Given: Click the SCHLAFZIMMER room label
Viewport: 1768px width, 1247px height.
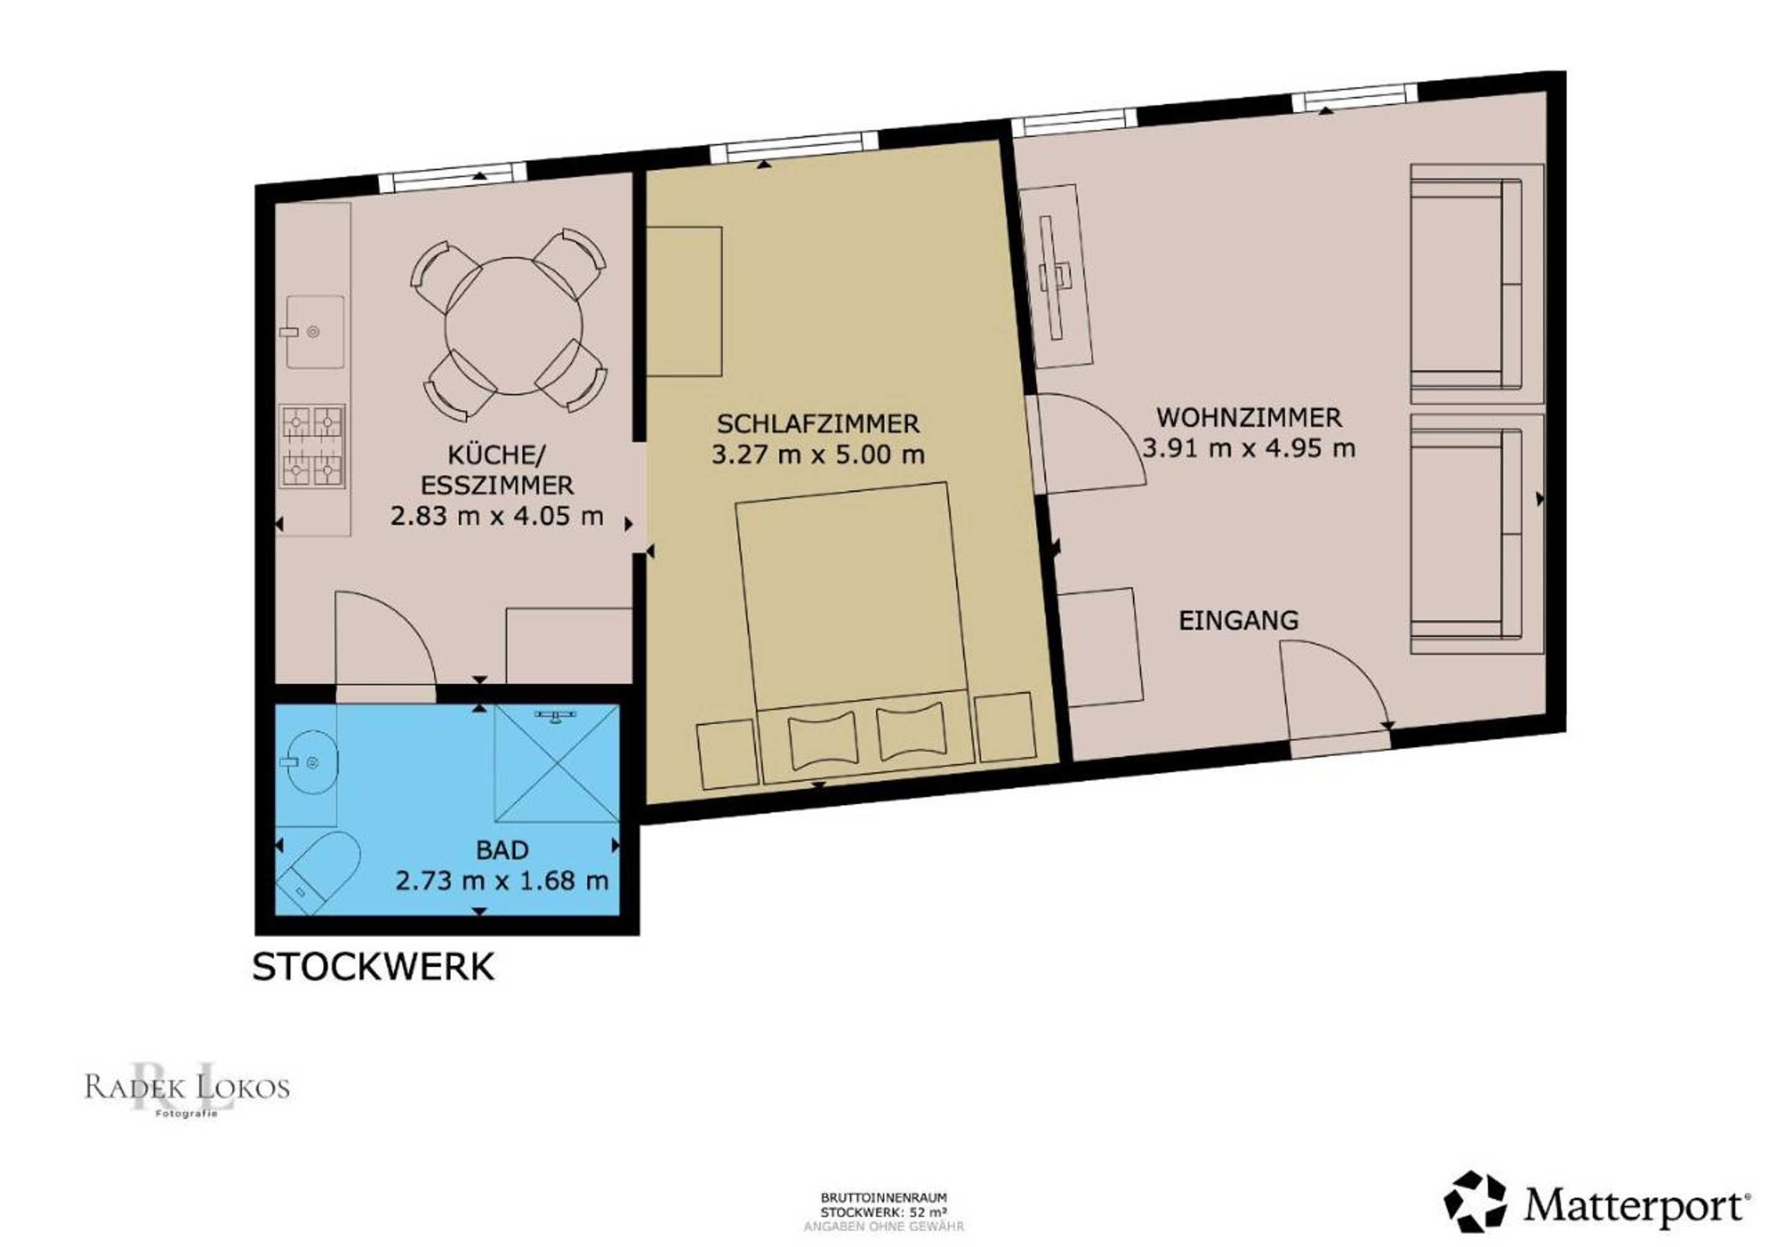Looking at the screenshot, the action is pos(818,423).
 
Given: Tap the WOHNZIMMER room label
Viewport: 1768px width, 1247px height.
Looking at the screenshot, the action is pos(1249,418).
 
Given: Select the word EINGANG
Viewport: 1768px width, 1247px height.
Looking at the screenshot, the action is pos(1239,620).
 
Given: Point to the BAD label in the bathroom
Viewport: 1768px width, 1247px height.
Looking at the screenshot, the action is pos(502,850).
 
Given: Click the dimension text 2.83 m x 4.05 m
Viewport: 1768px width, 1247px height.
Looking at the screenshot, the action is pos(496,515).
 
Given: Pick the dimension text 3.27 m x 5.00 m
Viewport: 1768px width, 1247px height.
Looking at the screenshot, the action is pos(818,454).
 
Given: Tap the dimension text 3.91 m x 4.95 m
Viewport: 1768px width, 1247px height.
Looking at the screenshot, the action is pos(1249,448).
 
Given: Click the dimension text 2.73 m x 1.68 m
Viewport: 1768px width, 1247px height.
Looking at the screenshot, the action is pos(502,880).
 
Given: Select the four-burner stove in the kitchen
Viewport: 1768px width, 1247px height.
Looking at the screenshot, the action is pos(314,447).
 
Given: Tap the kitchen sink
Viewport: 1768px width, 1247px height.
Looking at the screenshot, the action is pos(315,332).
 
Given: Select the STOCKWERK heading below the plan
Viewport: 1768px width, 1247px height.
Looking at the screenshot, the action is pos(374,968).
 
